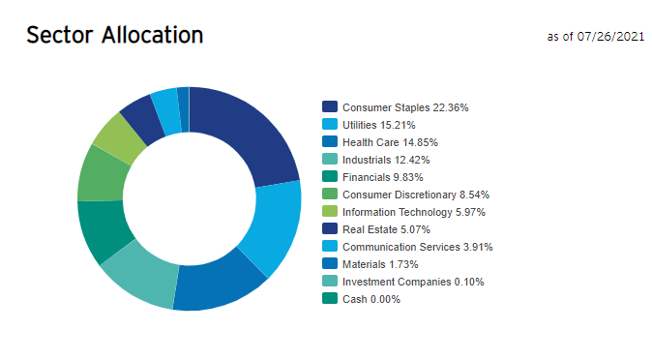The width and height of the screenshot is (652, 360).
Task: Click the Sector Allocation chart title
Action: pyautogui.click(x=114, y=35)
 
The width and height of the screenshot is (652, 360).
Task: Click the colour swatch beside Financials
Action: pyautogui.click(x=330, y=177)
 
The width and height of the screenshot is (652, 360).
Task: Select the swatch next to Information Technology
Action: pyautogui.click(x=330, y=212)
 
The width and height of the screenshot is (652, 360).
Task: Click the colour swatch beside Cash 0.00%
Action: pyautogui.click(x=330, y=299)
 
